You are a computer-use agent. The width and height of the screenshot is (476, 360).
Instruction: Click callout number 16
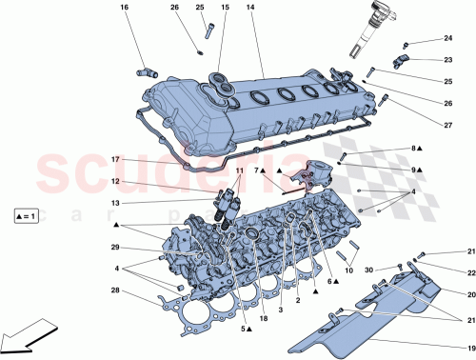tap(124, 9)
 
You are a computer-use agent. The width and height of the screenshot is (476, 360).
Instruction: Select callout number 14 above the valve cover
tap(251, 9)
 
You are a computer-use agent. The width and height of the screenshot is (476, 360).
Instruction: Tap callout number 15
tap(225, 9)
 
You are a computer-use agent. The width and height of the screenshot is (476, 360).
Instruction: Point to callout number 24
tap(447, 39)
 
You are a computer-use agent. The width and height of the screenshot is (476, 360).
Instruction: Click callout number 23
tap(447, 59)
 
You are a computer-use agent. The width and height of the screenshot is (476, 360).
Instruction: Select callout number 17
tap(114, 159)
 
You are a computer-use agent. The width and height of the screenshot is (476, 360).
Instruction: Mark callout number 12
tap(114, 181)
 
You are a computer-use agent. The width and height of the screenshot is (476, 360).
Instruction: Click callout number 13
tap(114, 203)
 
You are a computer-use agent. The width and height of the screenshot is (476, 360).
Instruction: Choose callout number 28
tap(114, 290)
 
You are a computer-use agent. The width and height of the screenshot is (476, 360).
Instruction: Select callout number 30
tap(369, 270)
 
